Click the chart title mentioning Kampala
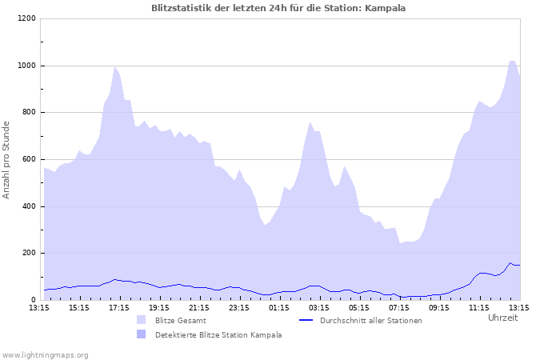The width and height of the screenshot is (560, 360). click(278, 8)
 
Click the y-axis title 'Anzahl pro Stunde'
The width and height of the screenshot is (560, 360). click(6, 160)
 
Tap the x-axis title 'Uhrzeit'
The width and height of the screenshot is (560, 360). click(502, 318)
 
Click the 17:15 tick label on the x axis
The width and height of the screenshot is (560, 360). click(119, 307)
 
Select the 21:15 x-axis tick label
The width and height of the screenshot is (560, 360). click(199, 307)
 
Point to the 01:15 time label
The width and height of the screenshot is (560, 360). click(279, 307)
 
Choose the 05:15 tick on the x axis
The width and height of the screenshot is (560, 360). click(359, 307)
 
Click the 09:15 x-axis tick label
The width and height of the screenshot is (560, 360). click(439, 307)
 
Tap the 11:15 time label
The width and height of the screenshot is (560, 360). click(479, 307)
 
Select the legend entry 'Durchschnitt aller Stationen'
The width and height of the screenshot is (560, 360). click(370, 320)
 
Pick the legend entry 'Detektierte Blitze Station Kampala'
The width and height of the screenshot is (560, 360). click(218, 334)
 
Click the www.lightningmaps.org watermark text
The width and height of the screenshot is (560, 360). click(45, 354)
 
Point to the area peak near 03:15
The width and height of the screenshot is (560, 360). click(310, 123)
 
